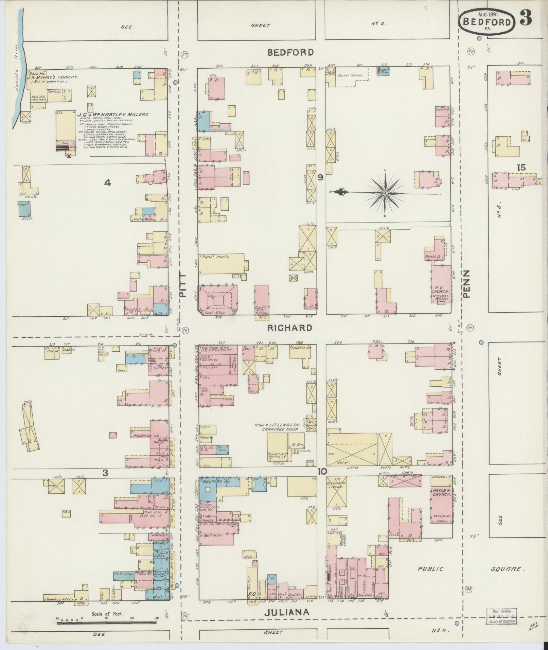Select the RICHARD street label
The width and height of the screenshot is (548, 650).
click(289, 328)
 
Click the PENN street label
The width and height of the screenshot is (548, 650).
click(466, 284)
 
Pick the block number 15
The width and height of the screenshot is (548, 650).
click(521, 167)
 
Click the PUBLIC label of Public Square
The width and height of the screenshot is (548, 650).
click(430, 569)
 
